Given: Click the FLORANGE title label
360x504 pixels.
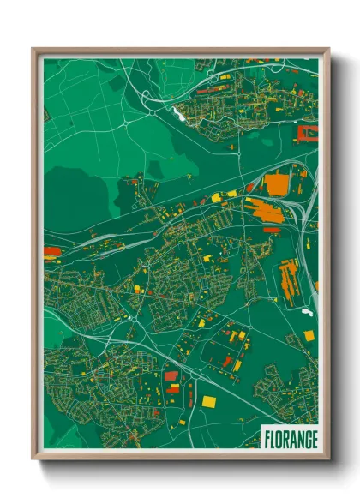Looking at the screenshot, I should coord(289,438).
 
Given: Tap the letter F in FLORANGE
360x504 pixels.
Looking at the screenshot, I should coord(267,438).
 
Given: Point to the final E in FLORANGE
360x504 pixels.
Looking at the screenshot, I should coord(313,438).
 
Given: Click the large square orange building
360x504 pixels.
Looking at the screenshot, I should coord(275,184).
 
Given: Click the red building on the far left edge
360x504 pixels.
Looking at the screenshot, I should coord(51,251).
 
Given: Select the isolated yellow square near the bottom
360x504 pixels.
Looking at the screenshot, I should coord(209,401).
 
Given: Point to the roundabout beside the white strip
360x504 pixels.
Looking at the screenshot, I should coord(153,110).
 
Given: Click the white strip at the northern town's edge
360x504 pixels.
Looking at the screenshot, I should coord(179,112).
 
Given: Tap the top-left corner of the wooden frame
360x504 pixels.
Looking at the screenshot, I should coord(34,50).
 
